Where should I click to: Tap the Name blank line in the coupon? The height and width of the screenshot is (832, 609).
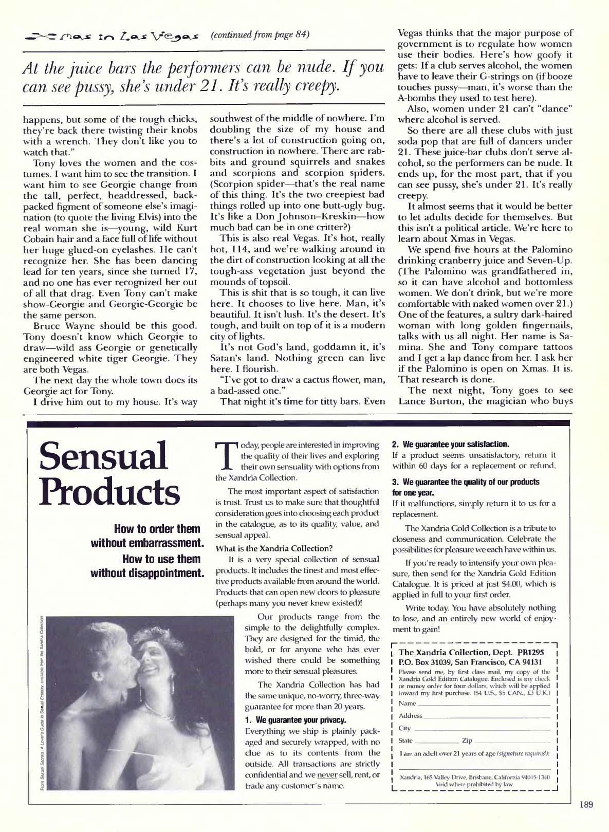[x=483, y=704]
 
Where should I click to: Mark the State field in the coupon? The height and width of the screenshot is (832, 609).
[x=437, y=741]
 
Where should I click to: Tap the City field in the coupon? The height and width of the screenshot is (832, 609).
[x=483, y=729]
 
